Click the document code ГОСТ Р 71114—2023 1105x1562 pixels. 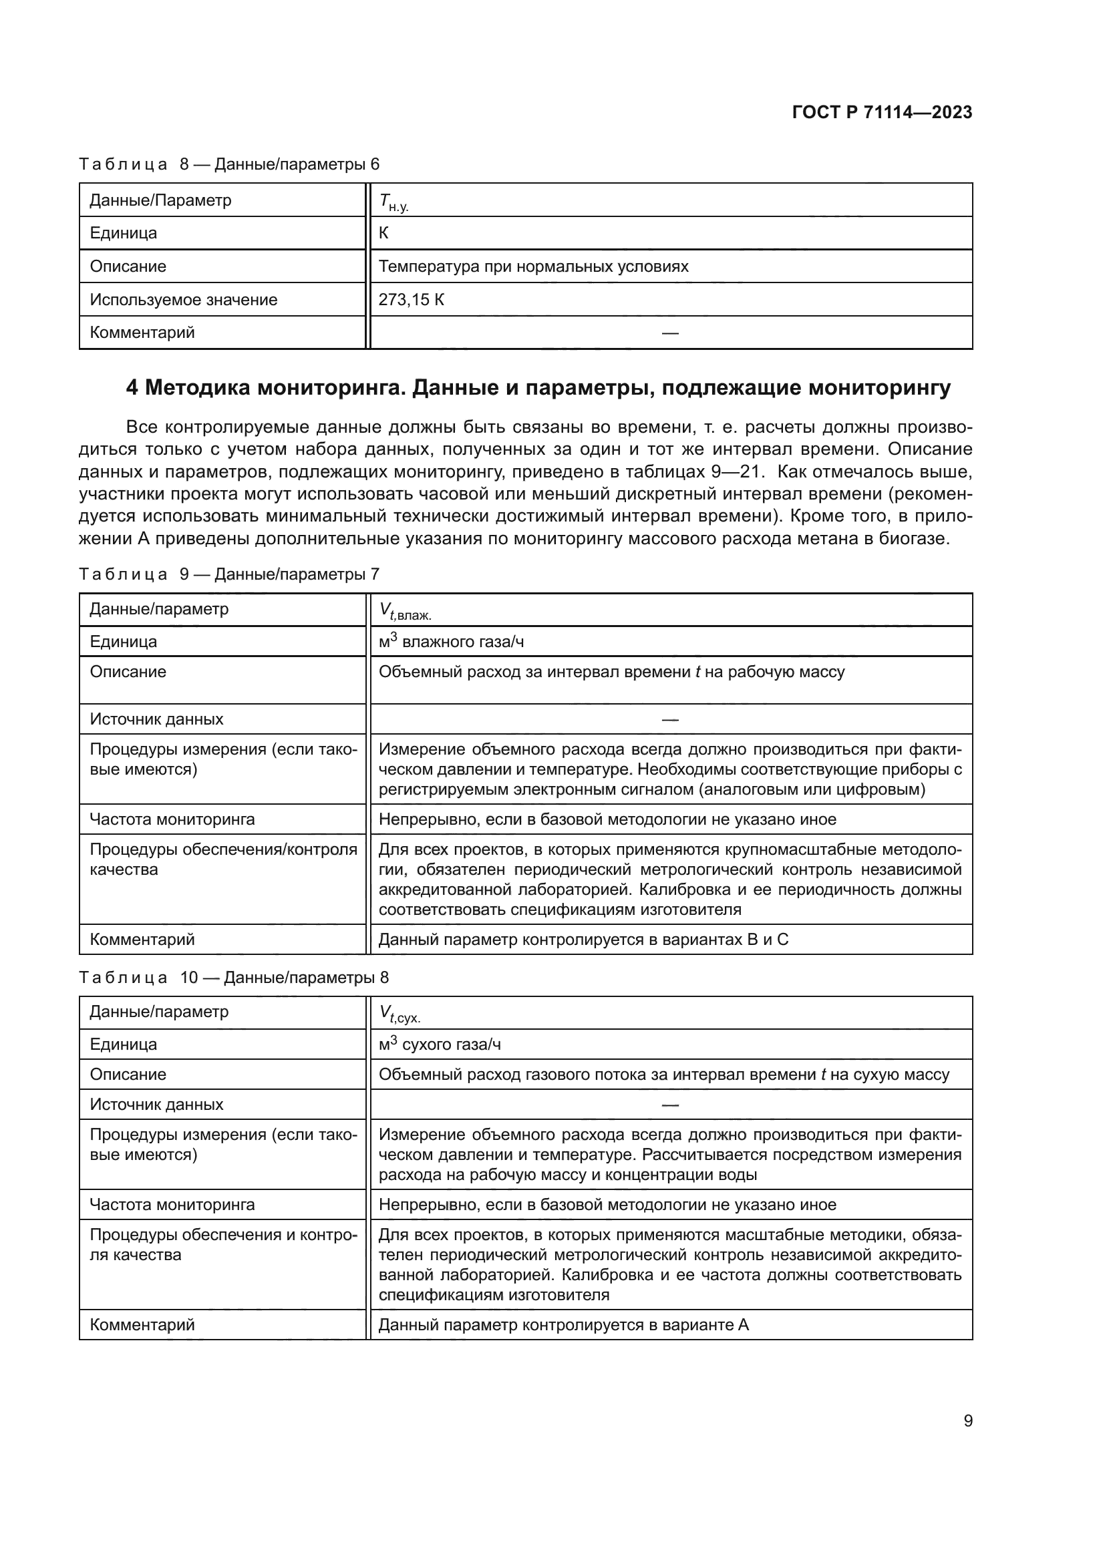tap(882, 112)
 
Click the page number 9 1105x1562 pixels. tap(967, 1420)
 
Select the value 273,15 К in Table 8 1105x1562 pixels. tap(411, 299)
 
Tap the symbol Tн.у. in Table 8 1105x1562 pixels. tap(393, 202)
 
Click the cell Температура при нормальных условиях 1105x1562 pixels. tap(532, 266)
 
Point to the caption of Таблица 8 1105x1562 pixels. tap(228, 164)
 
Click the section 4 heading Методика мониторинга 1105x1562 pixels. tap(538, 388)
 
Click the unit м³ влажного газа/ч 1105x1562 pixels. tap(451, 642)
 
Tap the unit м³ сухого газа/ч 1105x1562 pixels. tap(440, 1044)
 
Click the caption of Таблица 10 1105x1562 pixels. tap(233, 978)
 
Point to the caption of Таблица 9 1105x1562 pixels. tap(228, 574)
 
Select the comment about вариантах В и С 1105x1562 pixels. tap(583, 940)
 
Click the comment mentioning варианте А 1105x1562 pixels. tap(563, 1324)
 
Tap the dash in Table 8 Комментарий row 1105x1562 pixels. tap(669, 333)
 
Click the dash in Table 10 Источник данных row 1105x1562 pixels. tap(669, 1105)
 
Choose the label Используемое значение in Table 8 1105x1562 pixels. tap(184, 299)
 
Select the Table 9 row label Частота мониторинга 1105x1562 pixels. tap(172, 819)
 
